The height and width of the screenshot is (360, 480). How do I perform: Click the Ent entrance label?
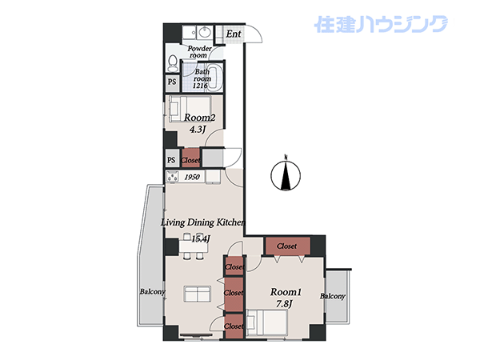pyautogui.click(x=234, y=34)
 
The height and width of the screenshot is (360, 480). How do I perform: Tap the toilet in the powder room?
pyautogui.click(x=173, y=62)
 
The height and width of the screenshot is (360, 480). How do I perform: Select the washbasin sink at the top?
pyautogui.click(x=204, y=31)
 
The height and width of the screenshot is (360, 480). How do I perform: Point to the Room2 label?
pyautogui.click(x=199, y=118)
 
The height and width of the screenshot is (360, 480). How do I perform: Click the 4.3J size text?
pyautogui.click(x=197, y=130)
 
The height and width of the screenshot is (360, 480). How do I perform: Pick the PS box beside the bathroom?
pyautogui.click(x=172, y=82)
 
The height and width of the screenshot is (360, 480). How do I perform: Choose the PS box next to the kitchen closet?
pyautogui.click(x=172, y=160)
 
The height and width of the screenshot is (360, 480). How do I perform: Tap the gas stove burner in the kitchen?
pyautogui.click(x=172, y=177)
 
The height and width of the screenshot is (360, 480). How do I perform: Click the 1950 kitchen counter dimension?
pyautogui.click(x=192, y=177)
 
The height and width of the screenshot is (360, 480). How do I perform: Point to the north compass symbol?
pyautogui.click(x=286, y=174)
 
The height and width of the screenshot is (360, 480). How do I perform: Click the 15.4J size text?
pyautogui.click(x=201, y=238)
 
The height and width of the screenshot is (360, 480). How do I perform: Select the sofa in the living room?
pyautogui.click(x=198, y=294)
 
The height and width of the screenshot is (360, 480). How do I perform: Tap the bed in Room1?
pyautogui.click(x=267, y=322)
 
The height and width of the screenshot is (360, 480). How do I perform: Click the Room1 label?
pyautogui.click(x=286, y=292)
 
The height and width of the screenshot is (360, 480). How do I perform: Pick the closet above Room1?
pyautogui.click(x=288, y=246)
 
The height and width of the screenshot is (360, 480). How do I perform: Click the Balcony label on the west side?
pyautogui.click(x=153, y=292)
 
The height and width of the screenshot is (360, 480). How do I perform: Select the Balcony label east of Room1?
pyautogui.click(x=333, y=296)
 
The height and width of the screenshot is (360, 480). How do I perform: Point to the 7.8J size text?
pyautogui.click(x=284, y=304)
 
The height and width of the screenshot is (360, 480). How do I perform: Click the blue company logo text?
pyautogui.click(x=381, y=25)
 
